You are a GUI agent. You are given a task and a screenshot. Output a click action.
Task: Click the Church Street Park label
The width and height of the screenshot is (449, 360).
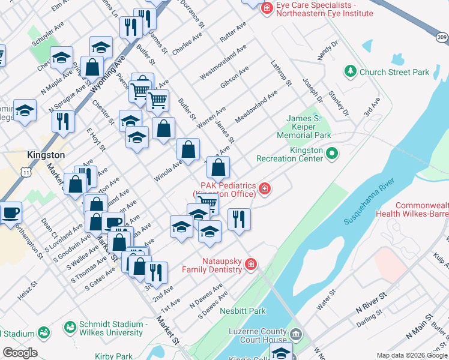tap(394, 72)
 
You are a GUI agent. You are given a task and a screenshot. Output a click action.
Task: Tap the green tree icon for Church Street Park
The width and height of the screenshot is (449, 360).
tap(350, 72)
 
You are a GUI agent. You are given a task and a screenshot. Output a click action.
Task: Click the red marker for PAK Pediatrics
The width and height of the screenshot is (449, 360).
tap(264, 190)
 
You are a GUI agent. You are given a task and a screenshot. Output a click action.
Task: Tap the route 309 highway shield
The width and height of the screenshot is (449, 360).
tap(442, 37)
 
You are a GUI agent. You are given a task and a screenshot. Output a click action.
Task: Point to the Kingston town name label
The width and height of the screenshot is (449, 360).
tap(46, 155)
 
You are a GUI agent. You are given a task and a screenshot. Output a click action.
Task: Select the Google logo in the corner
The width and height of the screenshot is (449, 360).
tap(20, 353)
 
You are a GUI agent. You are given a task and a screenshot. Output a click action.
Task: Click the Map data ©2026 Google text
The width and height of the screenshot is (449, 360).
tap(411, 355)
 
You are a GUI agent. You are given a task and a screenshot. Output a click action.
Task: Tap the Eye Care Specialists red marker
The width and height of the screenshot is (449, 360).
tap(267, 9)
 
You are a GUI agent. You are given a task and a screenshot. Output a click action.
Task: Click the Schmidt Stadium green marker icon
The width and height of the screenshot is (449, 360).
tap(71, 328)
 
